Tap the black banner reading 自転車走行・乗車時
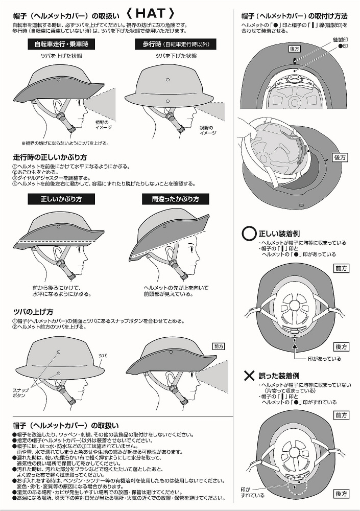[61, 44]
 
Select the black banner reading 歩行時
[176, 44]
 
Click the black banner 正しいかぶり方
[61, 199]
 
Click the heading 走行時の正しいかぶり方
[50, 157]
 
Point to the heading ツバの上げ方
[33, 312]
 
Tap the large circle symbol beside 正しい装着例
[249, 234]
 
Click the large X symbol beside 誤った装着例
[249, 376]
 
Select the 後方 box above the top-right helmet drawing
[295, 49]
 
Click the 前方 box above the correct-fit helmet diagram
[341, 268]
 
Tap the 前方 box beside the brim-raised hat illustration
[219, 346]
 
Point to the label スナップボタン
[20, 392]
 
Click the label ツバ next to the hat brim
[103, 356]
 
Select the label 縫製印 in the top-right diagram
[340, 40]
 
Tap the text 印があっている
[324, 359]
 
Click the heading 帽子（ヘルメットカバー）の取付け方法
[294, 16]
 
